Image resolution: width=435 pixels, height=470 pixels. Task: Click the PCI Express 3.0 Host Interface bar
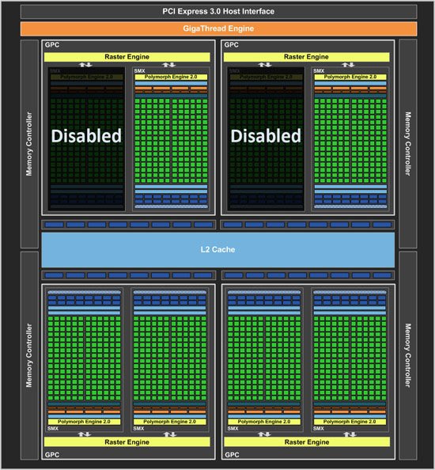point(217,10)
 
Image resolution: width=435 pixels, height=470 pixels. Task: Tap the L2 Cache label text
point(217,249)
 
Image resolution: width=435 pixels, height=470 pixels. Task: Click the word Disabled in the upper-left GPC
point(86,135)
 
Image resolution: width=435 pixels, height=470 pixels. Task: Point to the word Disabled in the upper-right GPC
point(266,135)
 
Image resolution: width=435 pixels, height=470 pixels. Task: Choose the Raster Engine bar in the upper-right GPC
point(307,57)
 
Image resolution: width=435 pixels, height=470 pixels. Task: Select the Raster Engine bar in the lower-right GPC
point(307,442)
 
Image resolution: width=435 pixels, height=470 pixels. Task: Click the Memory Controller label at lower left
point(30,356)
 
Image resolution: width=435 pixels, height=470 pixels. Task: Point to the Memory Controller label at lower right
point(408,356)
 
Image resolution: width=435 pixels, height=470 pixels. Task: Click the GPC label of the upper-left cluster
point(51,45)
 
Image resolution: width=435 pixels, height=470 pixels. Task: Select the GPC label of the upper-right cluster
point(232,45)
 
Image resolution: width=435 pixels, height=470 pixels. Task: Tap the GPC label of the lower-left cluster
point(51,456)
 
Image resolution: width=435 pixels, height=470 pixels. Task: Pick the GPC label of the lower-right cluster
point(232,456)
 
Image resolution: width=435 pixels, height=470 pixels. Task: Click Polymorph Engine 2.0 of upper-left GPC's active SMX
point(169,77)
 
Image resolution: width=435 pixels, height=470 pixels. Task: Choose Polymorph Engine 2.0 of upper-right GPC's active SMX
point(350,77)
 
